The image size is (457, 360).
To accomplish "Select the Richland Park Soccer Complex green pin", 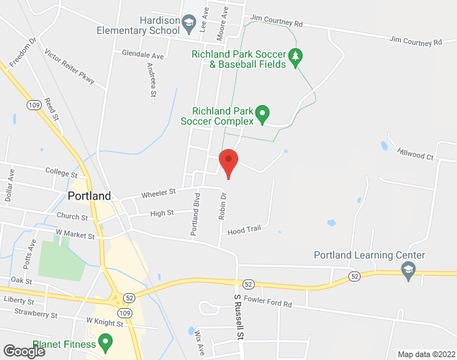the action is pos(263,114).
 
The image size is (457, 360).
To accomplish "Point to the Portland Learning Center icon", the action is pos(408,269).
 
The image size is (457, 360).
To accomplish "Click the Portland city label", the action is pos(89,196).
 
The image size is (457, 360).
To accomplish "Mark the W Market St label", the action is pos(76,233).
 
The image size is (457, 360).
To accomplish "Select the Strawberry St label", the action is pos(36,314).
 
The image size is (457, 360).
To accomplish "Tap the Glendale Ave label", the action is pos(142,55).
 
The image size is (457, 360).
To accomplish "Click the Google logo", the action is pos(23,351).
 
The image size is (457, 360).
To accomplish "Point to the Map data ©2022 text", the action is pos(426,354).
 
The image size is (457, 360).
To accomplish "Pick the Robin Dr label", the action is pos(223,206).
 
